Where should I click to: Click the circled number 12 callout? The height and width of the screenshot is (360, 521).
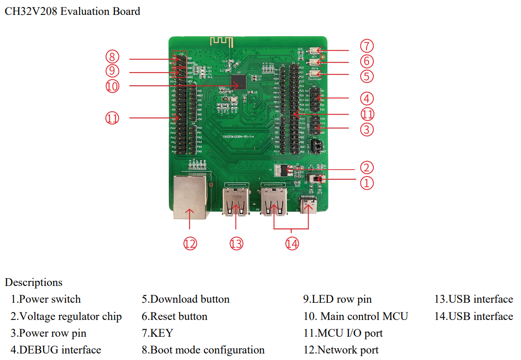pos(190,243)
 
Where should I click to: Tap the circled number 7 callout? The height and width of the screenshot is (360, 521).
pos(367,46)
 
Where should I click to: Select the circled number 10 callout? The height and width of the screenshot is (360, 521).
pos(112,86)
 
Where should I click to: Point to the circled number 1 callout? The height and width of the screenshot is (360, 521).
pos(367,183)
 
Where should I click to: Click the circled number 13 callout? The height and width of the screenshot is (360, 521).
pos(237,243)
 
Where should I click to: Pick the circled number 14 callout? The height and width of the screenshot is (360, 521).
pos(292,243)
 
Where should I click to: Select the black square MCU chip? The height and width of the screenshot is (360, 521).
pos(239,82)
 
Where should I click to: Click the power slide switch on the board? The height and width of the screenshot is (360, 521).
pos(318,179)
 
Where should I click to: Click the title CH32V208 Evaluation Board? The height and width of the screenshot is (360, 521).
pos(72,11)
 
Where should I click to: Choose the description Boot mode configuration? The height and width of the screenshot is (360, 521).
pos(203,350)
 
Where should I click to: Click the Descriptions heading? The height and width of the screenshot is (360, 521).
pos(34,282)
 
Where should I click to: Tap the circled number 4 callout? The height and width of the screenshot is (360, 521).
pos(367,98)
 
